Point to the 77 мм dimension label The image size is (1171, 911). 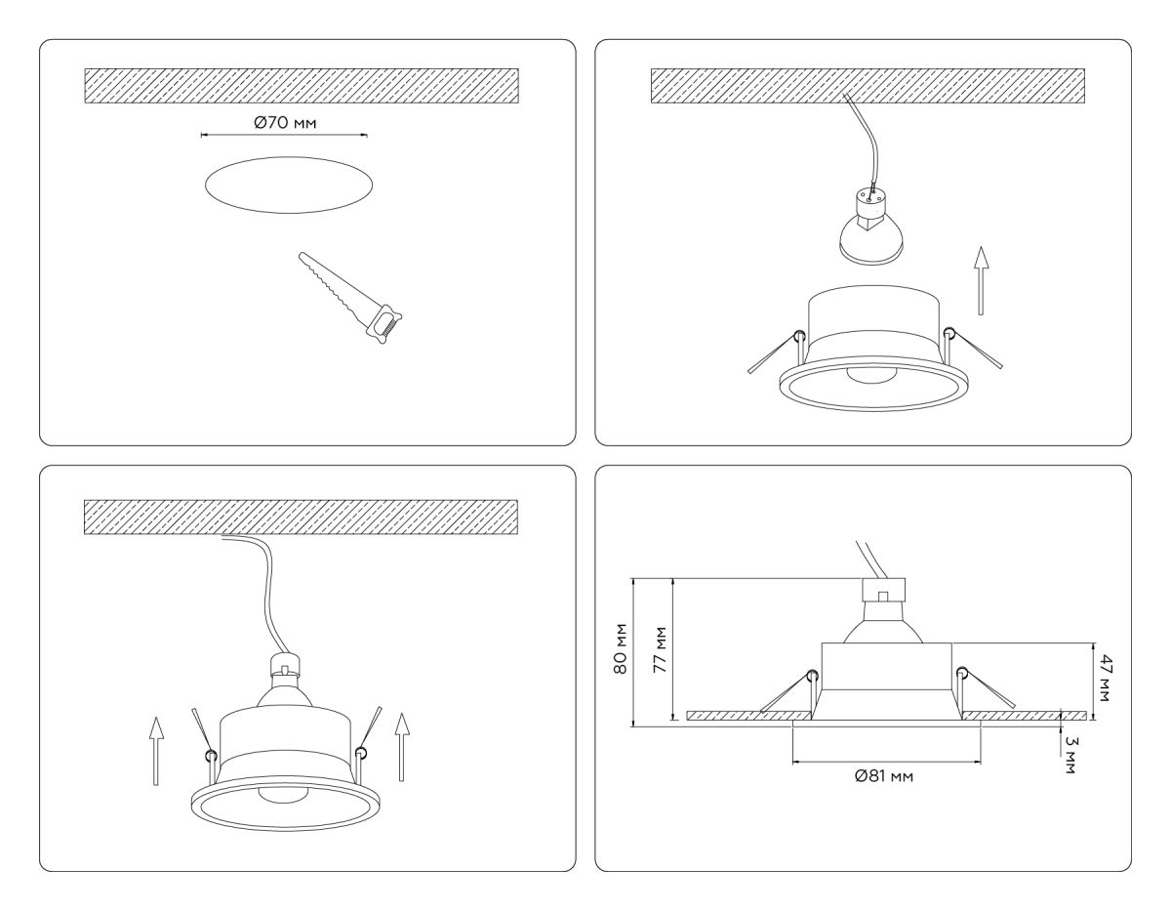660,651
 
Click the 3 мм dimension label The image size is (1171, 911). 1071,755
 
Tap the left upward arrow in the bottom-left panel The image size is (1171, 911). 154,748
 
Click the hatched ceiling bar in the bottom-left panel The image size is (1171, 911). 301,517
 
